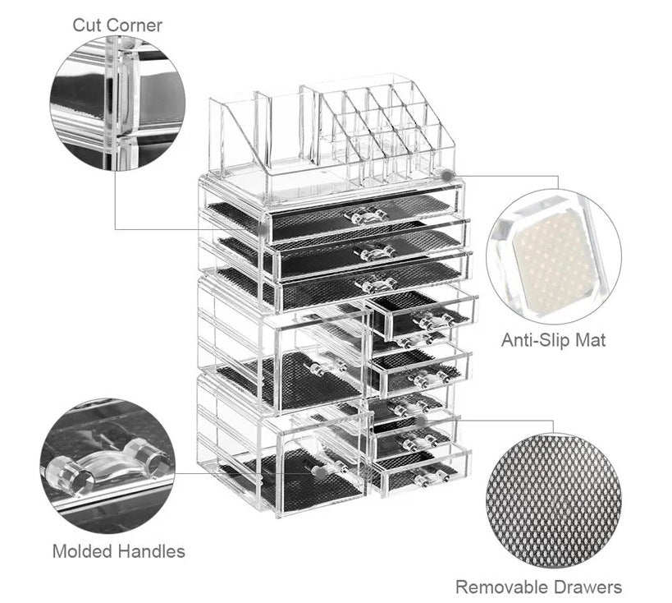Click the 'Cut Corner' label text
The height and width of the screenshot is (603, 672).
(x=117, y=25)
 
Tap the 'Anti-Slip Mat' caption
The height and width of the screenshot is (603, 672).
(x=554, y=339)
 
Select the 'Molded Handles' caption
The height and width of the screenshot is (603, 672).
(x=119, y=550)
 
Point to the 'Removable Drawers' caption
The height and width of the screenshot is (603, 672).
(x=538, y=587)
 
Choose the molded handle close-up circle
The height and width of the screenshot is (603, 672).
(x=107, y=467)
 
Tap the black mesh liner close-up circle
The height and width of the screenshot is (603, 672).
(x=553, y=499)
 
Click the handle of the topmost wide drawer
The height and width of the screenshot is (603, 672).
(x=366, y=216)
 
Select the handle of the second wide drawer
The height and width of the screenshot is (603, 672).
(x=374, y=253)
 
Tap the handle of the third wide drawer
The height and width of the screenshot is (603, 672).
(x=377, y=284)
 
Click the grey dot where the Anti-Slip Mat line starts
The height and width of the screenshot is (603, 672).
(x=446, y=175)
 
